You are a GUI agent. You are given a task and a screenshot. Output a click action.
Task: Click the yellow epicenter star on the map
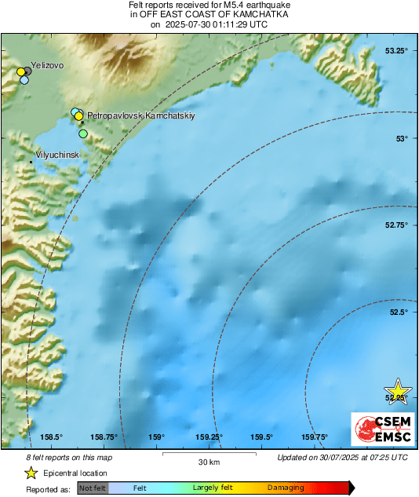[x=399, y=390]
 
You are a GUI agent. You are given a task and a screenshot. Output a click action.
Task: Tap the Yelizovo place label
[x=46, y=66]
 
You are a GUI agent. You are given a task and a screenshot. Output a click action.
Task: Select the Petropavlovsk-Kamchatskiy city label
[x=140, y=115]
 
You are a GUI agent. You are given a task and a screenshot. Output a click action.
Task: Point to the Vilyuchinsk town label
[x=58, y=155]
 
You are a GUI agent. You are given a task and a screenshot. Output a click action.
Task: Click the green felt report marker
[x=83, y=133]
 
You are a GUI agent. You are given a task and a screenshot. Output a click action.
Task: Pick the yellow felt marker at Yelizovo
[x=21, y=72]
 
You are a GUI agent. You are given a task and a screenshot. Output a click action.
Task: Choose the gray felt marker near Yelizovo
[x=28, y=71]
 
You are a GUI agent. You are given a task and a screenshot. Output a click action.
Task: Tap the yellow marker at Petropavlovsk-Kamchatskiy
[x=79, y=116]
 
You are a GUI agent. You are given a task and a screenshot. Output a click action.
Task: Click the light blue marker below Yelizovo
[x=24, y=79]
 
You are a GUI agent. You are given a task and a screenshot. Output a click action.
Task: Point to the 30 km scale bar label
[x=187, y=460]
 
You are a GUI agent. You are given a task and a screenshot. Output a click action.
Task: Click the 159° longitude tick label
[x=157, y=437]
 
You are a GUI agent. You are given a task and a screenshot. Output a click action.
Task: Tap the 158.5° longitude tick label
[x=51, y=437]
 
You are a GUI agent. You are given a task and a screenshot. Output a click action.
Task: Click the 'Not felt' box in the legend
[x=93, y=488]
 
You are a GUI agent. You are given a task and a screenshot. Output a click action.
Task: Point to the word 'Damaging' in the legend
[x=285, y=488]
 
